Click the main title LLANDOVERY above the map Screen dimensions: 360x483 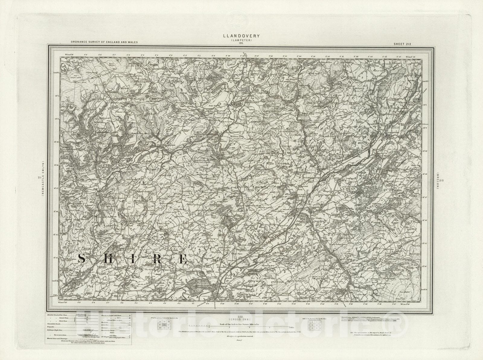241,36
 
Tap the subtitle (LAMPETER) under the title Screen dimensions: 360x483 241,40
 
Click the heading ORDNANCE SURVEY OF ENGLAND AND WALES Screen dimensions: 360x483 104,42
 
